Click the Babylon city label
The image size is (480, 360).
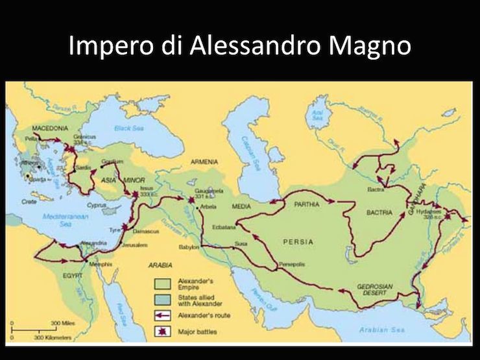(189, 247)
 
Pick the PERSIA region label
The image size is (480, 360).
(298, 241)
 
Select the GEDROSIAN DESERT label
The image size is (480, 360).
(377, 289)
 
